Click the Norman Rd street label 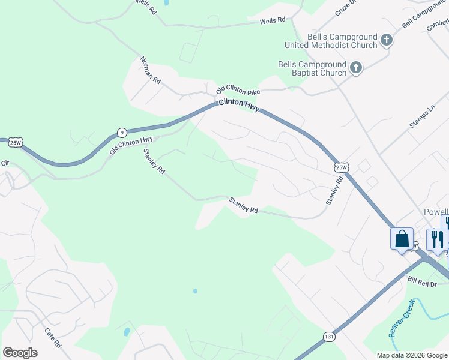pyautogui.click(x=151, y=70)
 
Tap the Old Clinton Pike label pyautogui.click(x=238, y=90)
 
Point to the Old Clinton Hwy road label pyautogui.click(x=131, y=145)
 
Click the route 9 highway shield pyautogui.click(x=122, y=132)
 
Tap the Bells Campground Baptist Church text pyautogui.click(x=312, y=68)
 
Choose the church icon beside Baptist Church pyautogui.click(x=356, y=68)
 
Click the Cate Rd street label pyautogui.click(x=53, y=338)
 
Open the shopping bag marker pyautogui.click(x=402, y=239)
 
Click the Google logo pyautogui.click(x=20, y=353)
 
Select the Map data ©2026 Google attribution pyautogui.click(x=411, y=355)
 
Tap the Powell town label pyautogui.click(x=436, y=212)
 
